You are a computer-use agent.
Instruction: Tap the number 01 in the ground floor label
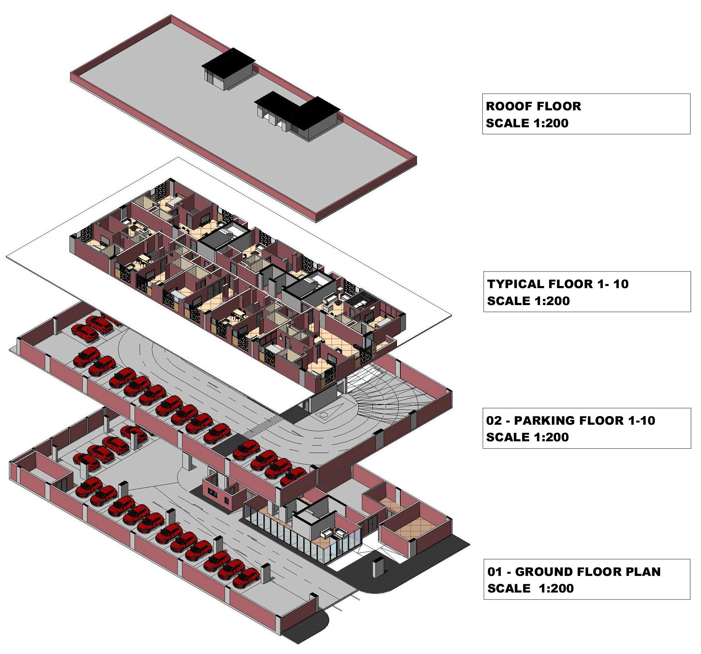pos(495,572)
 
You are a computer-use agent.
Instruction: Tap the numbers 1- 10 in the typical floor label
pos(611,284)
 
